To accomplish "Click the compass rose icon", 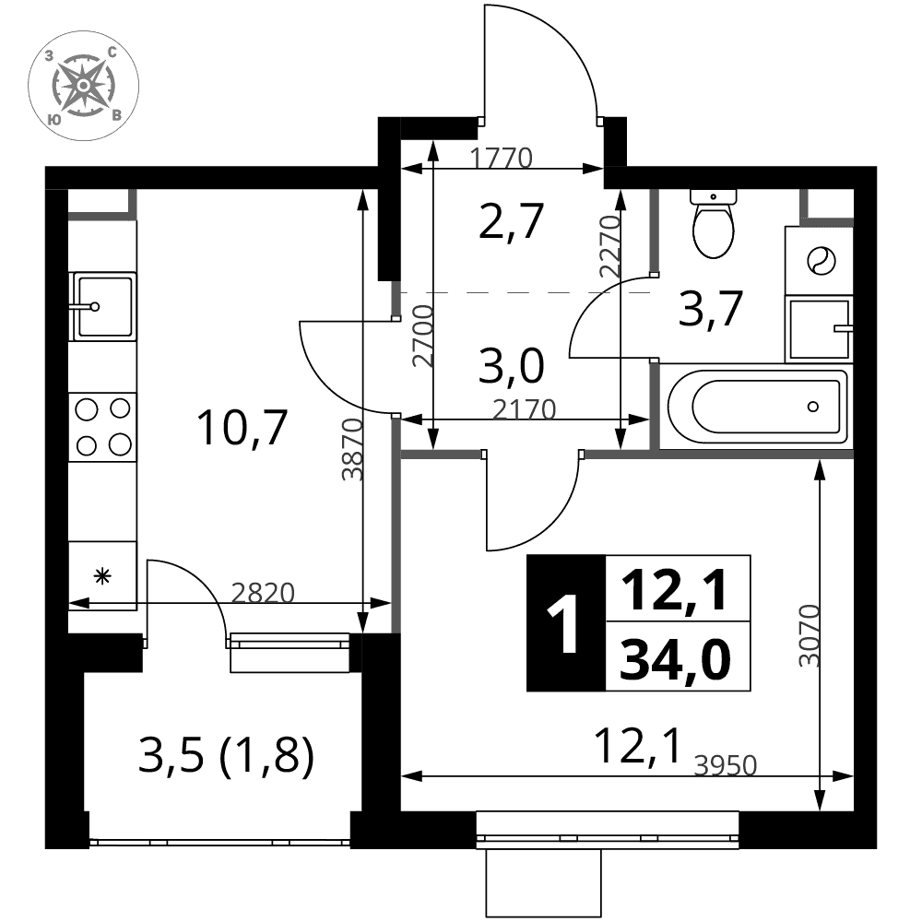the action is tap(84, 86).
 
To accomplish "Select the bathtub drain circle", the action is tap(813, 407).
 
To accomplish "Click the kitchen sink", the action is tap(103, 306).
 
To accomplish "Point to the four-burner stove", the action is tap(103, 427).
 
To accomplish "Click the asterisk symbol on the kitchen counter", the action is tap(103, 576).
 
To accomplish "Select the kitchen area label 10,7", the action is tap(242, 428).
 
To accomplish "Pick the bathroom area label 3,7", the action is tap(710, 308).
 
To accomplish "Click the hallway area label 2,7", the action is tap(511, 221).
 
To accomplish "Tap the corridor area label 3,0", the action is tap(511, 365).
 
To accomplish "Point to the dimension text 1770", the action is tap(502, 159).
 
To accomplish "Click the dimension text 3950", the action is tap(725, 765).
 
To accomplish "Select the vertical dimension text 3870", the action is tap(352, 450).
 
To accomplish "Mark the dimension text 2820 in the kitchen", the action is tap(262, 593).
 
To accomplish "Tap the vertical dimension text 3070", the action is tap(810, 635).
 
